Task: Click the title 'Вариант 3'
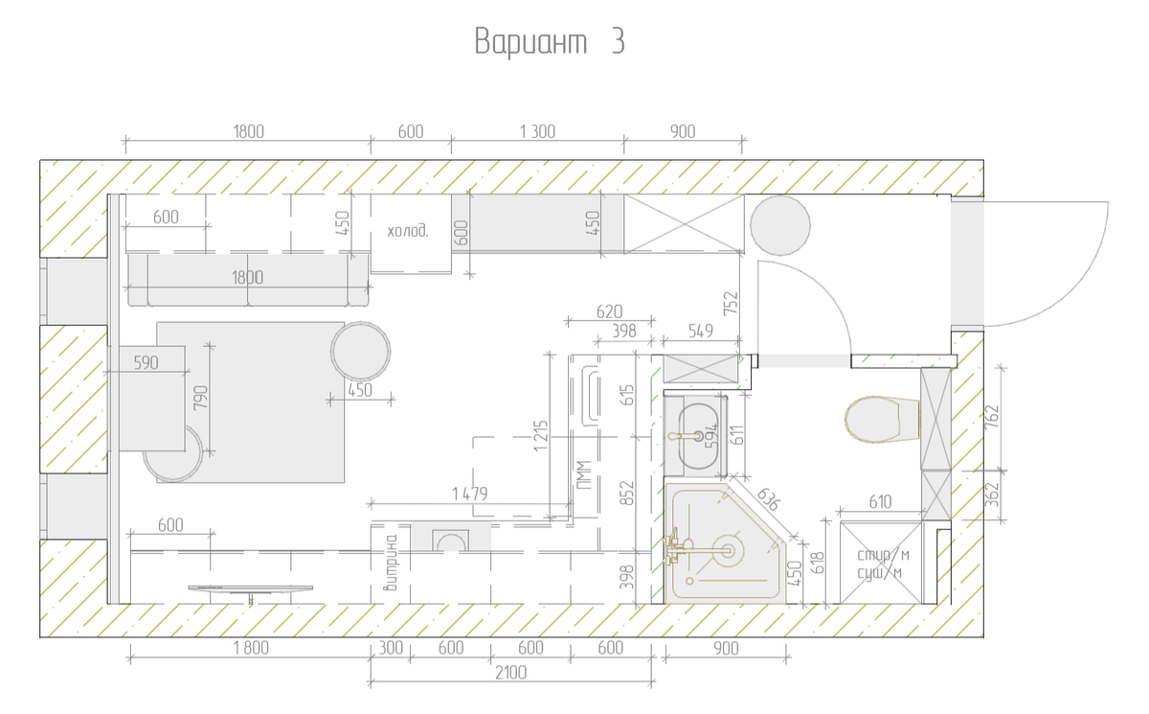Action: coord(550,41)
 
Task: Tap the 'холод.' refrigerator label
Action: coord(407,231)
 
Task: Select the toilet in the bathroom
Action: coord(882,419)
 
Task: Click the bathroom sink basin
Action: coord(695,437)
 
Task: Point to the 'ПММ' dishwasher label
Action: coord(584,474)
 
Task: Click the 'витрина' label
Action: coord(392,564)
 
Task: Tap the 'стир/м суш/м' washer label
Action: coord(883,564)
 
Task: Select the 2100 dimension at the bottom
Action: coord(511,673)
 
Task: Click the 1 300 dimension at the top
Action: coord(537,132)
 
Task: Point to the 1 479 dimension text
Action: coord(470,494)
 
